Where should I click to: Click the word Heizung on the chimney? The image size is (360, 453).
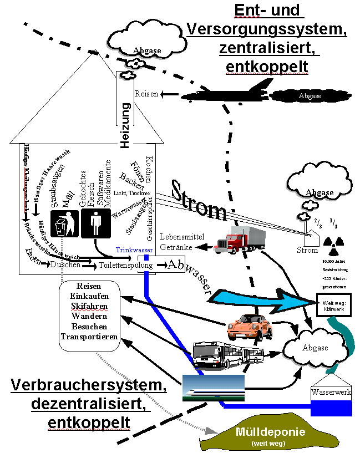125,125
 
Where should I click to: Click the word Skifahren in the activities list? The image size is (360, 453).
89,306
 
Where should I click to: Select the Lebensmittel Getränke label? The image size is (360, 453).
182,241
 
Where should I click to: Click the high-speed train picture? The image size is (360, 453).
214,387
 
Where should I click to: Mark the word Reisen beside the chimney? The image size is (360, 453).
146,95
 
